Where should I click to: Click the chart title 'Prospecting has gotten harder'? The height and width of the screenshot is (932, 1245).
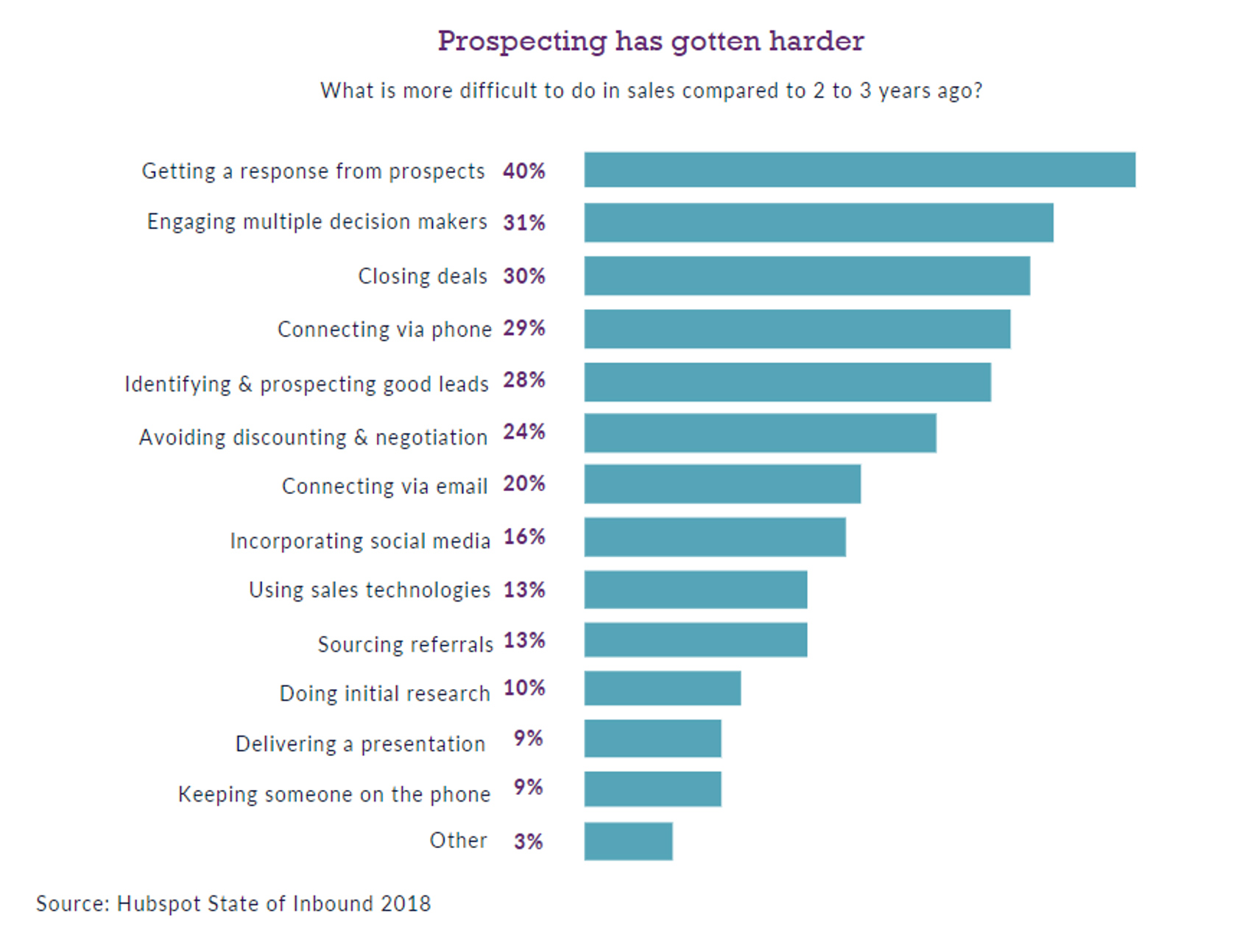click(x=651, y=42)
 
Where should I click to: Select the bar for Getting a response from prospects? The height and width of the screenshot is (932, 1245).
click(x=860, y=169)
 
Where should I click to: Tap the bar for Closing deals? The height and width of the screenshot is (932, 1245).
click(x=807, y=275)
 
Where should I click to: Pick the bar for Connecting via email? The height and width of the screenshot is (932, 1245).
click(x=722, y=484)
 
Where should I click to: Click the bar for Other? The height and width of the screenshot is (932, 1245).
click(x=628, y=841)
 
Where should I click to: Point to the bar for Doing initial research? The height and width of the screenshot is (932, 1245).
click(x=663, y=688)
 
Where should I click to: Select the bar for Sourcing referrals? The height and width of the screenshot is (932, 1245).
click(x=696, y=640)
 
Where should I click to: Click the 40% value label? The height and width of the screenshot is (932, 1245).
click(x=524, y=171)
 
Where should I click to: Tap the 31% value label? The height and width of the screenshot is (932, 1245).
click(x=524, y=222)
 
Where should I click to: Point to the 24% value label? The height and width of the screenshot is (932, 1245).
click(x=524, y=431)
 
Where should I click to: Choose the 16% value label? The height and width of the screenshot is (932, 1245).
click(x=524, y=537)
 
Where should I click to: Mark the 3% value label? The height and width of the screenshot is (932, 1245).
click(x=529, y=841)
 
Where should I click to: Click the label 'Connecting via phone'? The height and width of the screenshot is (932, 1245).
click(x=384, y=329)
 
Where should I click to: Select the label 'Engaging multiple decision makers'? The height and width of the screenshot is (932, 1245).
click(x=317, y=222)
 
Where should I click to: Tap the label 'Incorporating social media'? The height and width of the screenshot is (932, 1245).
click(x=360, y=541)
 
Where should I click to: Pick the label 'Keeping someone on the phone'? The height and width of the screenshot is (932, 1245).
click(x=334, y=795)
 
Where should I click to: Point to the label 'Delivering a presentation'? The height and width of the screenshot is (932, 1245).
click(x=361, y=744)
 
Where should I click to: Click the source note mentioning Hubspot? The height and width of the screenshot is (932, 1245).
click(x=233, y=903)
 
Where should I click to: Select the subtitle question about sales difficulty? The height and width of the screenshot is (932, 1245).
click(x=652, y=91)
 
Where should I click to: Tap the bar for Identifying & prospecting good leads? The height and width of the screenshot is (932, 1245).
click(x=788, y=382)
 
